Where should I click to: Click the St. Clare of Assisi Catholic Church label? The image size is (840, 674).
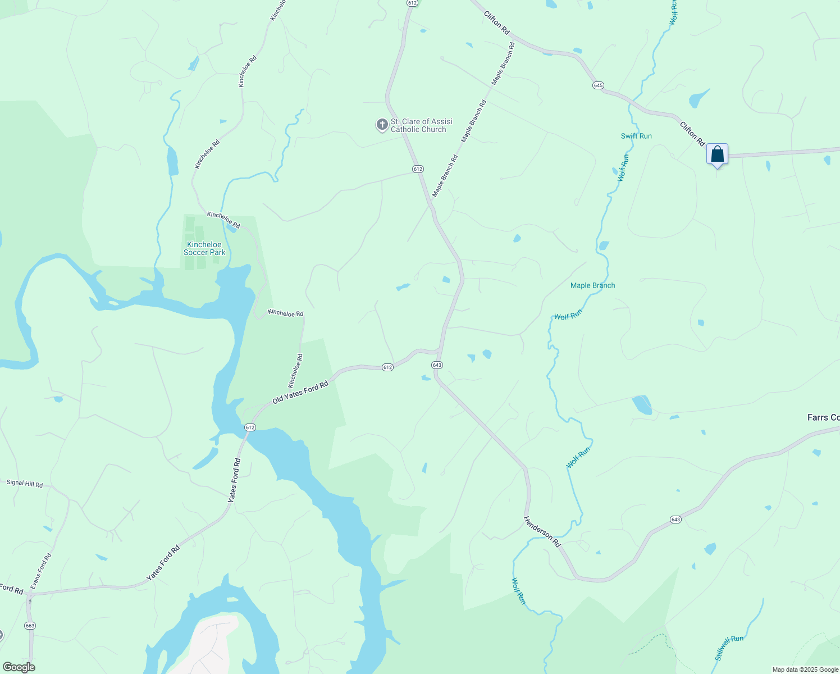coord(421,125)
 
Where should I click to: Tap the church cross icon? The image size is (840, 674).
coord(382,125)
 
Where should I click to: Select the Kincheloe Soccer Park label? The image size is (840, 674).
coord(204,248)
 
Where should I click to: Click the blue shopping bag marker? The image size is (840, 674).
coord(717,154)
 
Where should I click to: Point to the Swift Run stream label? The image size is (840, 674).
coord(636,136)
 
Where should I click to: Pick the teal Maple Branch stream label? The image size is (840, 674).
coord(592,285)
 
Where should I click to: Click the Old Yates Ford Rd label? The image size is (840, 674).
coord(300,393)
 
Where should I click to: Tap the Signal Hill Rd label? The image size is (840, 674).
coord(25,483)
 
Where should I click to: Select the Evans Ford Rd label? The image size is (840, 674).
coord(40,571)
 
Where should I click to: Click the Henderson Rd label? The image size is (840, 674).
coord(542,532)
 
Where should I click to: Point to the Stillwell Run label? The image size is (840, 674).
coord(729,648)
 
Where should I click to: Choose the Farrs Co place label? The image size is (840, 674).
coord(823,417)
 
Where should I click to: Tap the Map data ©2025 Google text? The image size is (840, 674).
coord(805,670)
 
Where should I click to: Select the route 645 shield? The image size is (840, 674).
coord(598,85)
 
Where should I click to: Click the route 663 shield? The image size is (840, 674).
coord(30,625)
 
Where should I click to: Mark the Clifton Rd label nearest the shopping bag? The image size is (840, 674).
coord(692,134)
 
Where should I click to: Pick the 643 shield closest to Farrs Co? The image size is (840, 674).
coord(675,520)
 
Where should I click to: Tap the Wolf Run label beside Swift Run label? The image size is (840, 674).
coord(623,167)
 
